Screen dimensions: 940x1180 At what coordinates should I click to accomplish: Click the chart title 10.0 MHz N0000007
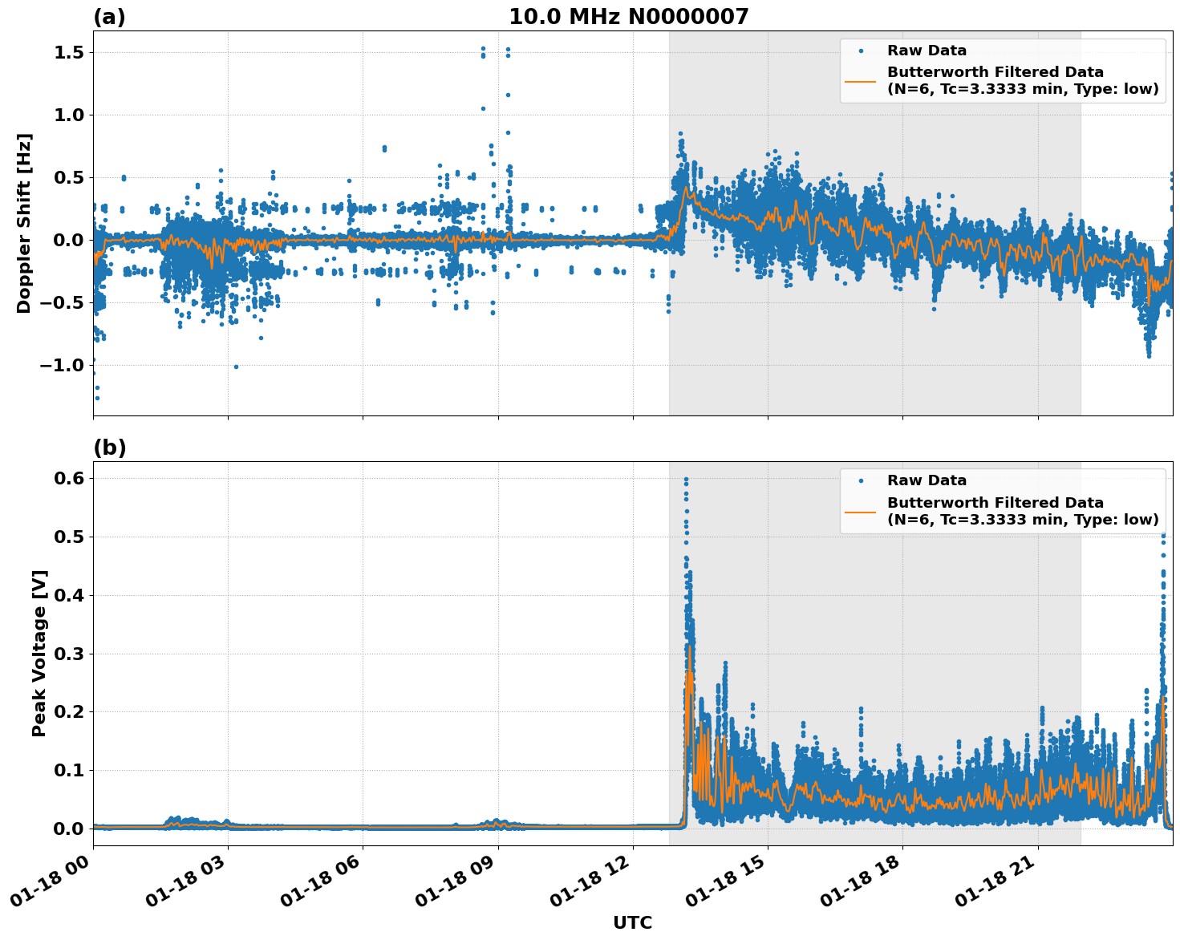(x=628, y=17)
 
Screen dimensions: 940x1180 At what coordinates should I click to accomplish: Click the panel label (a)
(x=109, y=17)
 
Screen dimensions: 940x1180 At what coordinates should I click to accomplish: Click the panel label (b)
(x=109, y=448)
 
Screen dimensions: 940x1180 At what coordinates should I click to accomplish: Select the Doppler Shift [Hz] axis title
(x=24, y=223)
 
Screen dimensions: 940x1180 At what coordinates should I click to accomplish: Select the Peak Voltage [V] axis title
(x=39, y=653)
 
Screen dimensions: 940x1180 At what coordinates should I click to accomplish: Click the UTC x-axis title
(x=632, y=922)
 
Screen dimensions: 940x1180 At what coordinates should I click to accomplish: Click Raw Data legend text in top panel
(x=927, y=51)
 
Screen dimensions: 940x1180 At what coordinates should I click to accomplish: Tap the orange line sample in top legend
(x=860, y=80)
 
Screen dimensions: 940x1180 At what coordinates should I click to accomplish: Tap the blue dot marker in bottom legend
(x=860, y=480)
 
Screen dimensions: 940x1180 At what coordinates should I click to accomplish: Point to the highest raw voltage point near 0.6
(x=686, y=480)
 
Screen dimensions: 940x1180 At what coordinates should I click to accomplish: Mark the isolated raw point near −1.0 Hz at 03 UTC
(x=236, y=367)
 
